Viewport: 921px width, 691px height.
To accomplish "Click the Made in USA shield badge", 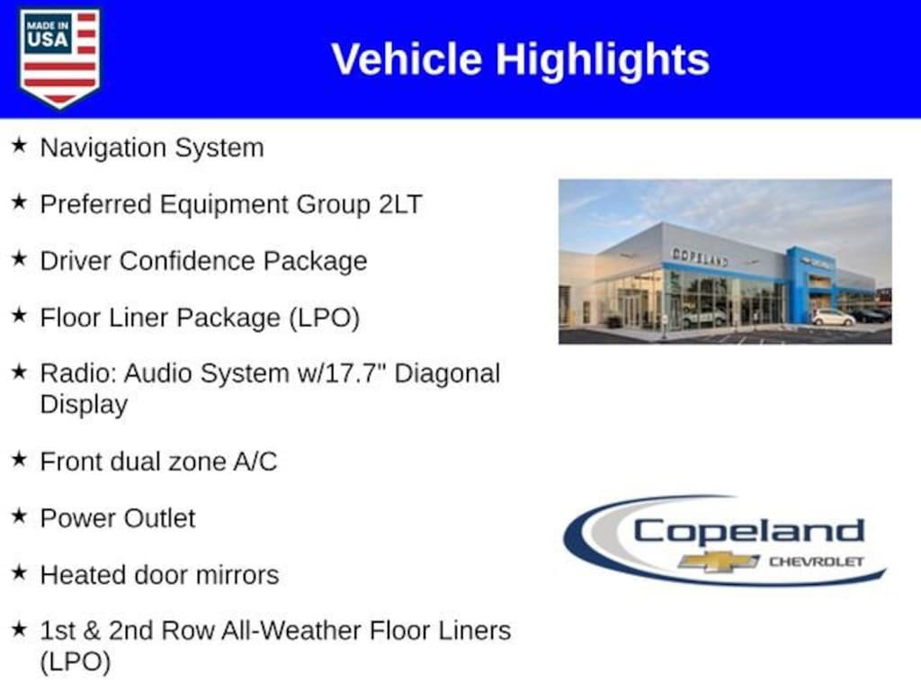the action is (59, 57).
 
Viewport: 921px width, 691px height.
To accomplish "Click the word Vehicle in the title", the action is (407, 59).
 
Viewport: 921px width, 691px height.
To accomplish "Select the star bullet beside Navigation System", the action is (20, 145).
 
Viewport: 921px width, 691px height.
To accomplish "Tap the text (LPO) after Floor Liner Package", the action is (324, 318).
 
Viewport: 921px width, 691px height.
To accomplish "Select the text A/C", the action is (255, 462).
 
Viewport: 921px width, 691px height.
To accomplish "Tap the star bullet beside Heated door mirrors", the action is (20, 571).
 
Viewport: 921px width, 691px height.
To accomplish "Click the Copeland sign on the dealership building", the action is (700, 256).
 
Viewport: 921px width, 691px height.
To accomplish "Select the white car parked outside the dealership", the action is (833, 318).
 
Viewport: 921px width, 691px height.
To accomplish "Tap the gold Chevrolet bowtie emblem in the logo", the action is (719, 561).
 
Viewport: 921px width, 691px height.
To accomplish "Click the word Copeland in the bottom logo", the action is (748, 531).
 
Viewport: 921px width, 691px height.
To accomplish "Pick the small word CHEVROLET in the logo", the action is (817, 561).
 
